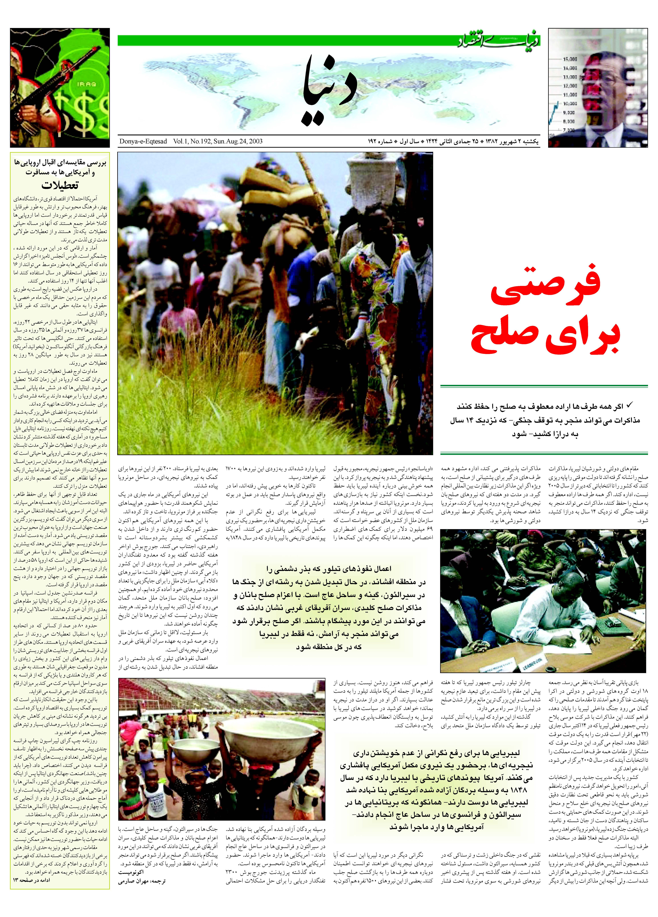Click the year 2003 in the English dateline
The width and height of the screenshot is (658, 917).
pos(256,141)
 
